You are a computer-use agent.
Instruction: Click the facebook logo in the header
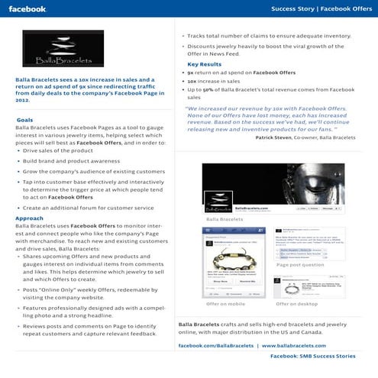coord(27,9)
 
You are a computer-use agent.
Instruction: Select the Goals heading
coord(24,120)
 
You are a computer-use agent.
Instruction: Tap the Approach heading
coord(29,218)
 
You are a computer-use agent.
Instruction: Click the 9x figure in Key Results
coord(190,72)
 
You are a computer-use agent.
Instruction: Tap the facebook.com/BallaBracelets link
coord(215,345)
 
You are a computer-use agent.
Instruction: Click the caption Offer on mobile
coord(225,303)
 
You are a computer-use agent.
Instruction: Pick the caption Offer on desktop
coord(298,303)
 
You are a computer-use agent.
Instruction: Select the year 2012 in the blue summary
coord(23,100)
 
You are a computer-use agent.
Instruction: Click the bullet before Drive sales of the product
coord(18,150)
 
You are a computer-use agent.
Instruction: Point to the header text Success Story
coord(292,9)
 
